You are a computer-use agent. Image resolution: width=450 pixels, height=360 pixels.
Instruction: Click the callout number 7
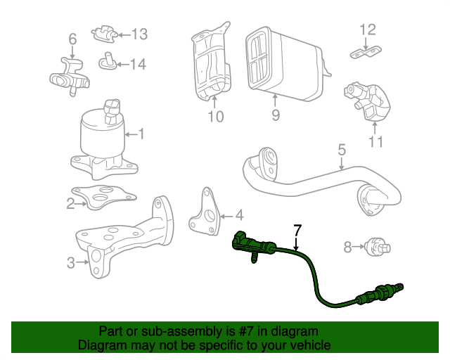pos(297,229)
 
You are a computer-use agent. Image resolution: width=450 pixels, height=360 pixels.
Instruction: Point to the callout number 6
pos(72,38)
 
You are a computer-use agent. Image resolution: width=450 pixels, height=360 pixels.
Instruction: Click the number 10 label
pos(216,116)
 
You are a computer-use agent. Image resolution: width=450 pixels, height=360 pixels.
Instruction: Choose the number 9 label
pos(275,115)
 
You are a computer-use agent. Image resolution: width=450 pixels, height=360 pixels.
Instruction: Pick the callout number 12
pos(368,30)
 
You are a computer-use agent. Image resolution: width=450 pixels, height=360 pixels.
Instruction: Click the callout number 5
pos(342,149)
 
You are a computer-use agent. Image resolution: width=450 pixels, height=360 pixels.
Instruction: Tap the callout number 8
pos(347,247)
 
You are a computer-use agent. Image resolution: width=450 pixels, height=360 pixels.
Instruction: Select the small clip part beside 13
pos(104,32)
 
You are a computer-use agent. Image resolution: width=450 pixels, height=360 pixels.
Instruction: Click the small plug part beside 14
pos(108,61)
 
